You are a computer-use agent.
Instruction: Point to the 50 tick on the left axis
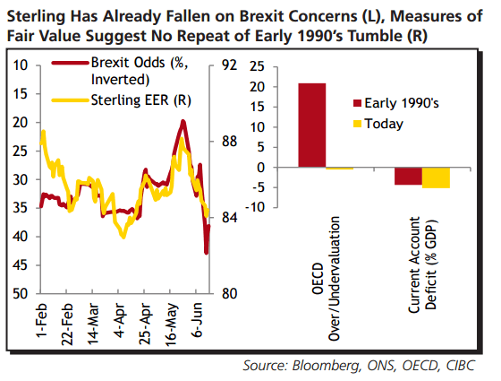(21, 293)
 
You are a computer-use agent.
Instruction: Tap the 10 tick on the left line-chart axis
(21, 65)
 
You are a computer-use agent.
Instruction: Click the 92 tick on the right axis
(229, 65)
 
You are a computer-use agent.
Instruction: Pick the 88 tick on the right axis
(229, 141)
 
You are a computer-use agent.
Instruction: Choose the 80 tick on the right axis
(229, 293)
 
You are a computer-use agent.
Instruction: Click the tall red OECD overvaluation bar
(312, 125)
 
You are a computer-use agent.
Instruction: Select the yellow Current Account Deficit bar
(436, 178)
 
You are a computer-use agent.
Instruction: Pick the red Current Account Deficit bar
(408, 176)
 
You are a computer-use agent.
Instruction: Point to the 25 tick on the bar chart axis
(259, 67)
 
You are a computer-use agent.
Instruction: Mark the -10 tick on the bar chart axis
(257, 207)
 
